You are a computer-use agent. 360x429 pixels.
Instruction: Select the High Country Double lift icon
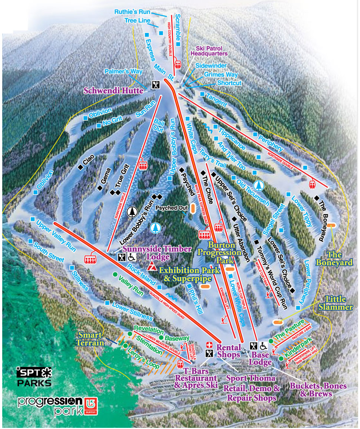[178, 65]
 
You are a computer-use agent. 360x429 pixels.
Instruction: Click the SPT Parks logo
[34, 376]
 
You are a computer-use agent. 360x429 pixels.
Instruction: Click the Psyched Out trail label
[172, 208]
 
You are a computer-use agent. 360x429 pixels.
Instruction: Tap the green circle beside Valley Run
[115, 274]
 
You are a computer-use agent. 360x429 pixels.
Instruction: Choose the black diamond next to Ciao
[80, 167]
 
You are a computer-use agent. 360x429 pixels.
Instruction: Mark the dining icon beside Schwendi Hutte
[156, 85]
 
